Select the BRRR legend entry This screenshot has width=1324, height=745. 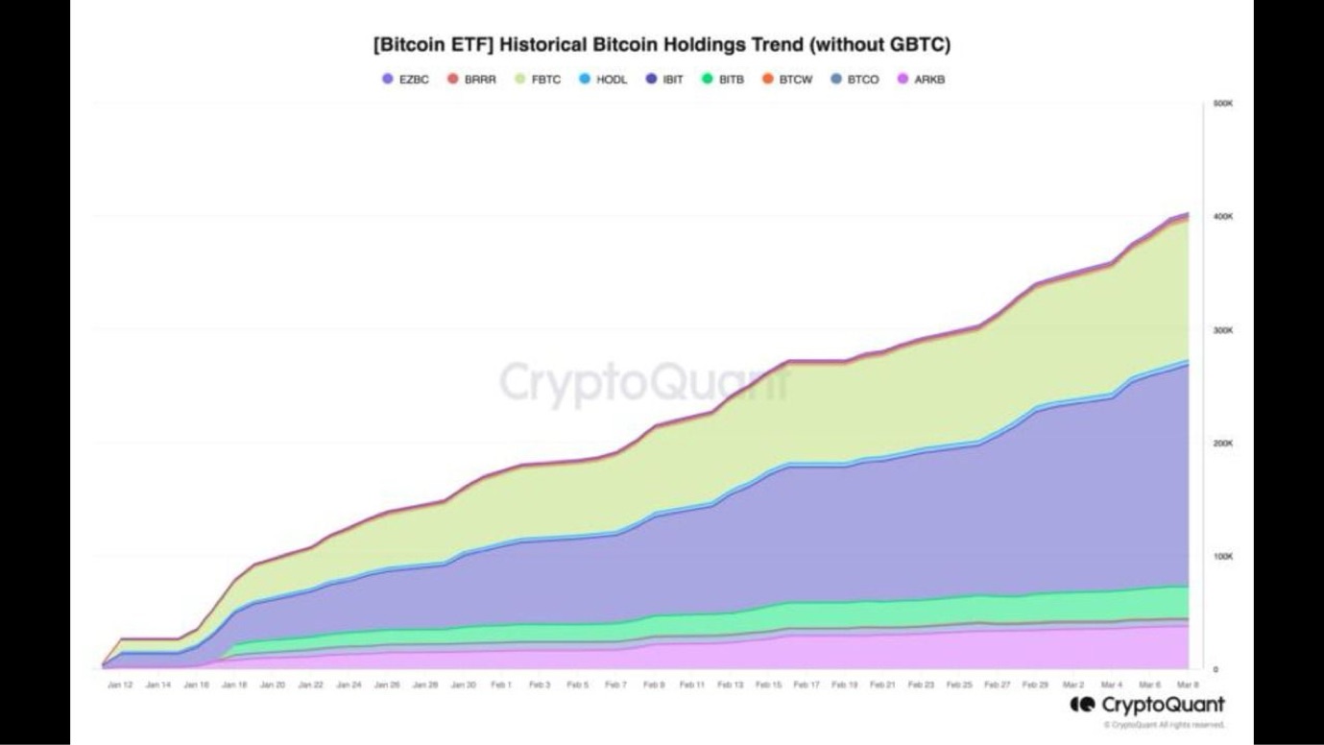click(472, 80)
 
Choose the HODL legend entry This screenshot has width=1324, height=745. click(604, 80)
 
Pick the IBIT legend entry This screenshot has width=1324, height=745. click(665, 80)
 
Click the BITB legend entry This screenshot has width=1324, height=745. click(724, 80)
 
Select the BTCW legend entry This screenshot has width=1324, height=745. click(789, 80)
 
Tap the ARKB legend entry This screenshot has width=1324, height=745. click(923, 80)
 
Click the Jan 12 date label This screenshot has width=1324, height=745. click(121, 685)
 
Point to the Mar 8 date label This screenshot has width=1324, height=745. click(1186, 685)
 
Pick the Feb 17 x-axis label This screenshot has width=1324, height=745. click(806, 685)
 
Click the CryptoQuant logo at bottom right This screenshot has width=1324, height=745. click(1146, 706)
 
